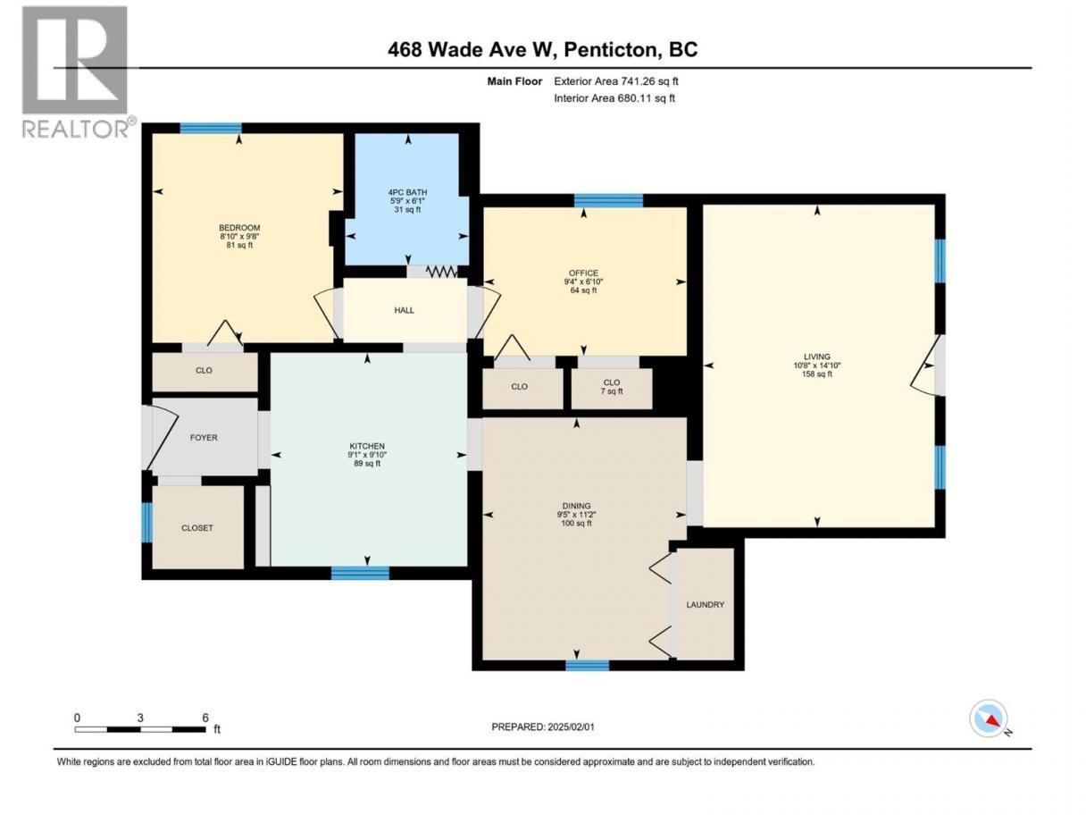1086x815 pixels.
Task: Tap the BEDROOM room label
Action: point(239,228)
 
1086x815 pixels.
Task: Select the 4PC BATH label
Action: point(407,192)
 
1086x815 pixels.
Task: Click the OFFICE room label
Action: point(583,273)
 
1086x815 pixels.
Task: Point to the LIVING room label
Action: point(817,357)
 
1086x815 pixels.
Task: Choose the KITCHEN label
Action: point(367,446)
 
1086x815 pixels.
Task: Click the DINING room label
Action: point(576,506)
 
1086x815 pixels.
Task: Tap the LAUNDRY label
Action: point(705,605)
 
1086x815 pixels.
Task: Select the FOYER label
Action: point(204,438)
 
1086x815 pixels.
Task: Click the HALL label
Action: point(405,310)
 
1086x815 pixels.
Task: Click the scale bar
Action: point(140,729)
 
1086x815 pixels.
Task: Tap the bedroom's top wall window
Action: point(211,128)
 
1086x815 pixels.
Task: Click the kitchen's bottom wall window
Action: point(360,573)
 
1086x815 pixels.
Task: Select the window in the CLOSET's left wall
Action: point(147,523)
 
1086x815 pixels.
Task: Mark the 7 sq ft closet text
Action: point(612,391)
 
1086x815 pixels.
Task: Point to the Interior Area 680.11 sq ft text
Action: point(614,98)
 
